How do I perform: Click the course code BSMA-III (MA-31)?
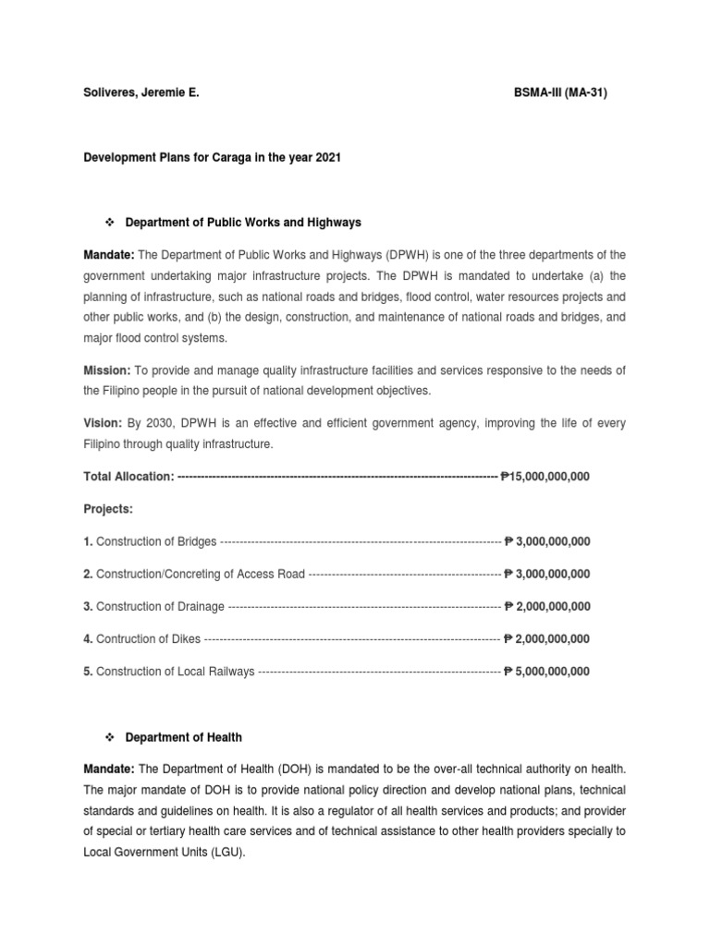point(560,93)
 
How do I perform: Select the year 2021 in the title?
point(327,158)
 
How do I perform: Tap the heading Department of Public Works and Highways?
point(243,223)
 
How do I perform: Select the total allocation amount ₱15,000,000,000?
point(545,477)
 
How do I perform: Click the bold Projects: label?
point(108,509)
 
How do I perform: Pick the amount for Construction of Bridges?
point(547,541)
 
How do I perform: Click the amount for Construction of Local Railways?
point(547,672)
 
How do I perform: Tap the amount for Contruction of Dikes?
point(547,639)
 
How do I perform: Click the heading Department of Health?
point(184,737)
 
